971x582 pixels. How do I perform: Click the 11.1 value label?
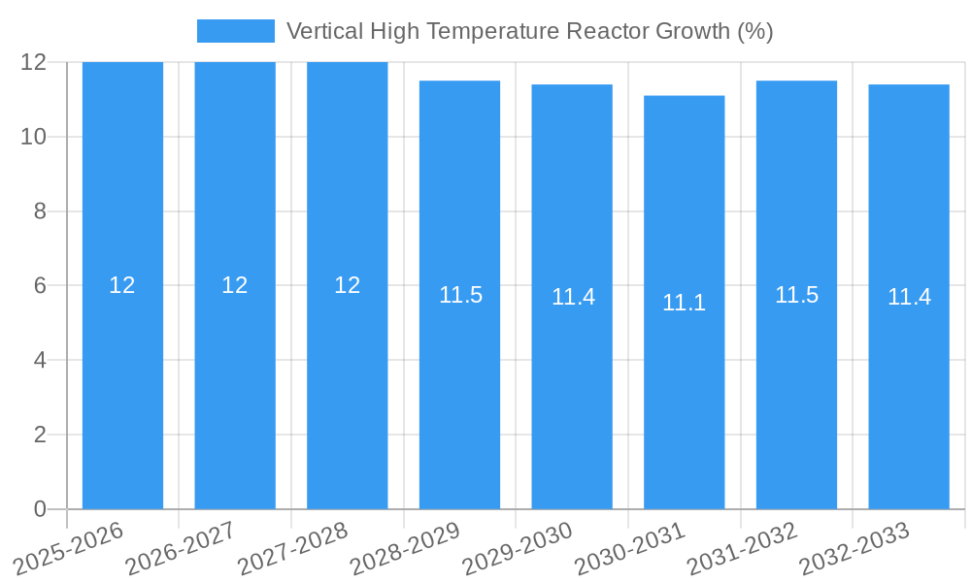684,303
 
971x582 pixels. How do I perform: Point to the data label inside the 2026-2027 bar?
235,285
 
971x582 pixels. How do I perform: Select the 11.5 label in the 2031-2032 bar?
796,295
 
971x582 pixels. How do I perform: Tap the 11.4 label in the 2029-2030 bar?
573,297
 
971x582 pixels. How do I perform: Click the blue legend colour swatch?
235,31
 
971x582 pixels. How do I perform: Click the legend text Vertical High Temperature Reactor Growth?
529,31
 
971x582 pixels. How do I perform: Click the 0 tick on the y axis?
40,509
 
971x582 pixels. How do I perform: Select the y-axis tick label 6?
40,286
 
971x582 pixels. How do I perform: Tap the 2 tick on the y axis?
40,435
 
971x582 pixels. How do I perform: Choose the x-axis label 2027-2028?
292,548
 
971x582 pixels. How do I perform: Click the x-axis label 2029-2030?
518,548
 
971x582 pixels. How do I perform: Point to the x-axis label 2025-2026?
68,548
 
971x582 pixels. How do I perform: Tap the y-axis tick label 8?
40,211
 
